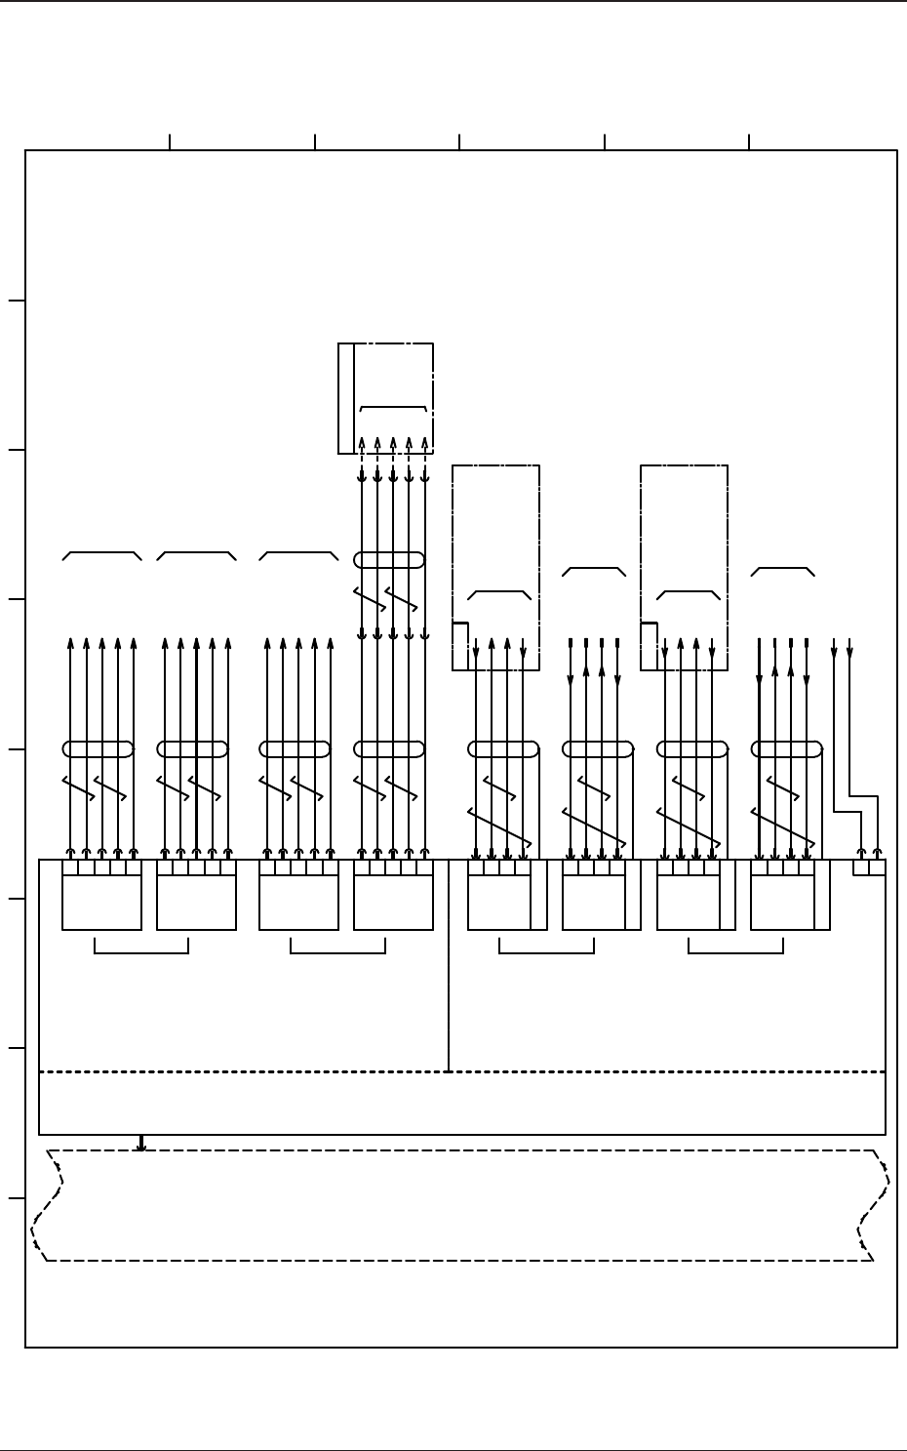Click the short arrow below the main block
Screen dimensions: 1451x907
coord(141,1143)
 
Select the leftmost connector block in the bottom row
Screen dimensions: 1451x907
coord(101,902)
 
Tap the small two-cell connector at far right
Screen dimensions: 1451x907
coord(869,867)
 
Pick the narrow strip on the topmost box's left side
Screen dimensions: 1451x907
coord(346,398)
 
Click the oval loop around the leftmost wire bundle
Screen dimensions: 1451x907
coord(98,749)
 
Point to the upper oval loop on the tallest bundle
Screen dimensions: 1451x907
coord(389,560)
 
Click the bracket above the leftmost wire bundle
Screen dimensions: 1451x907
coord(102,553)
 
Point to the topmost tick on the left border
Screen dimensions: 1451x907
coord(17,301)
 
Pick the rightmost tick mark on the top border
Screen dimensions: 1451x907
coord(749,142)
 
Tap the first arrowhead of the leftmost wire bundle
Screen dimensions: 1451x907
coord(70,643)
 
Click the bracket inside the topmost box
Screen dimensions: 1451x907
coord(393,407)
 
